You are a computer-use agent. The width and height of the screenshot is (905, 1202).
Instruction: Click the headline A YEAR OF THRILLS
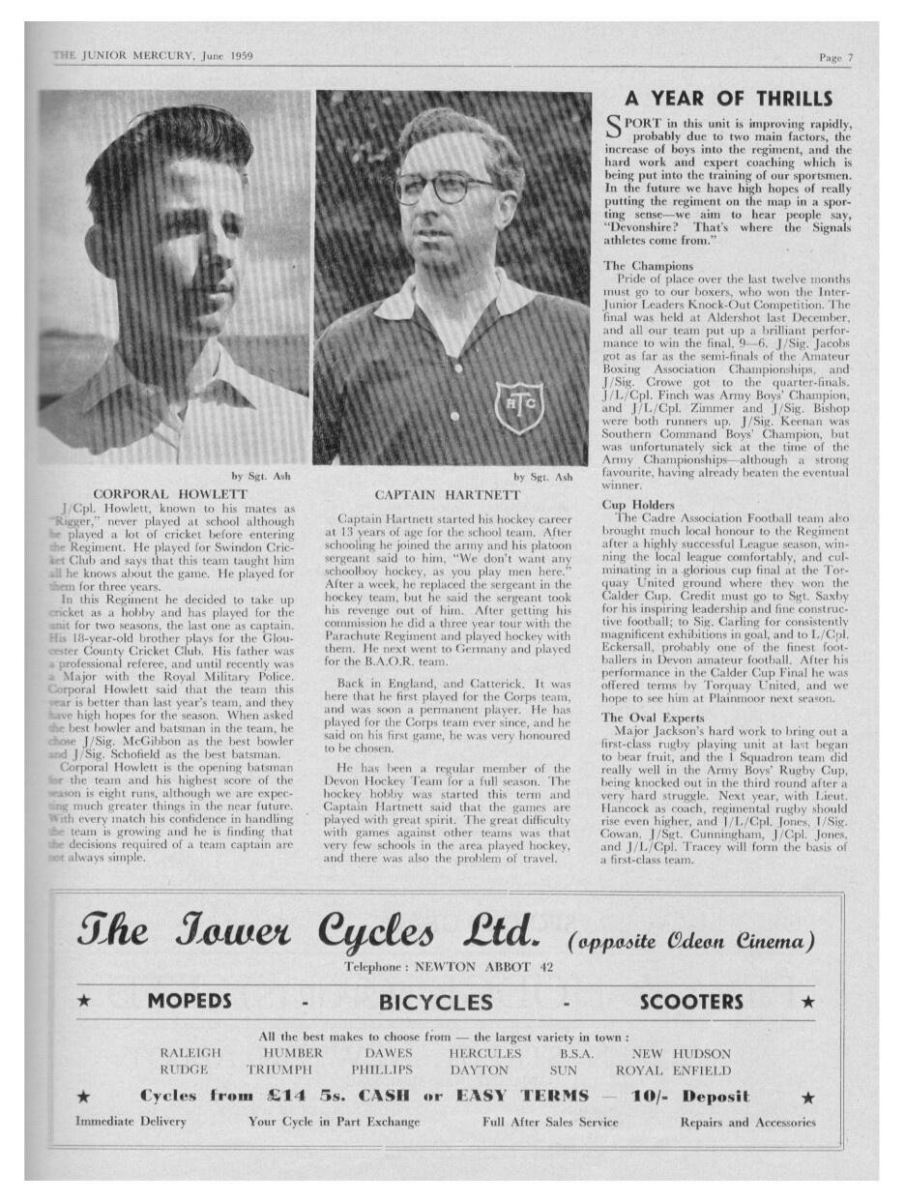728,99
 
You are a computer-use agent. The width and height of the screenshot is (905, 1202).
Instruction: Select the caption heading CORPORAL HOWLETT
170,494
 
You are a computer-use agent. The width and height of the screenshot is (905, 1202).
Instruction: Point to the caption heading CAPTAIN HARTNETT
448,495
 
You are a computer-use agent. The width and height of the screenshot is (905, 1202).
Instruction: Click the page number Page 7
835,58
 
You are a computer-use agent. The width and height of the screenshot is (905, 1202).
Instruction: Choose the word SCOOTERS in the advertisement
691,1002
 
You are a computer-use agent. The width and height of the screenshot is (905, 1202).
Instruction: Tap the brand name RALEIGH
190,1053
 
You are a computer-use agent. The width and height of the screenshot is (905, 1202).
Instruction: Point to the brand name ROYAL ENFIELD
673,1070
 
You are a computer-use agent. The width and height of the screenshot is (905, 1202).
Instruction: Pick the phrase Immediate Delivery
131,1123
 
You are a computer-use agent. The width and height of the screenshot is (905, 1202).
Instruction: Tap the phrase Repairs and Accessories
747,1123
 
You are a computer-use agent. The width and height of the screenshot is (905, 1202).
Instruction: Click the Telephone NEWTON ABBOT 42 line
448,967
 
